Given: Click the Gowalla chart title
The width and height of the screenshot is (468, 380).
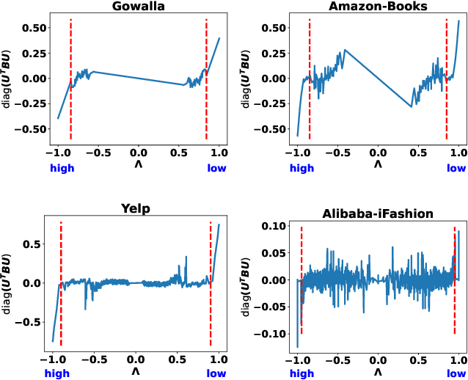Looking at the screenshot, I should point(138,7).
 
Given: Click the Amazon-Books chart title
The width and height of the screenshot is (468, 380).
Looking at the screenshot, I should point(378,7).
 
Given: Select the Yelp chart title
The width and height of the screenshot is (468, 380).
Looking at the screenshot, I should point(135,208).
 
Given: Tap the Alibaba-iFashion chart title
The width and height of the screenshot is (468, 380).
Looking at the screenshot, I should point(378,213).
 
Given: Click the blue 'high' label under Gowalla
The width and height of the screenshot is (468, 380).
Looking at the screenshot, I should point(62,168).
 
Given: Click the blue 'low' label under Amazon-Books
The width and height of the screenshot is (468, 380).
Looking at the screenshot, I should point(456,168).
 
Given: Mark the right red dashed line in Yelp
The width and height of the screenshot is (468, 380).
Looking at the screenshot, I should point(211,282).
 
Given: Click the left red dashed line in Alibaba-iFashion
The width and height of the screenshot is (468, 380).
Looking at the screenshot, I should point(301,279).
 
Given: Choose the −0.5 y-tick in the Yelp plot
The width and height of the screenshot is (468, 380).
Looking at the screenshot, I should point(29,321).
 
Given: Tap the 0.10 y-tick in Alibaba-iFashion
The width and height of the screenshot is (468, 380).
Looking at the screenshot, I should point(274,226).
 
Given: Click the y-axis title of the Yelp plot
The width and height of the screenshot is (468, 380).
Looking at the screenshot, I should point(7,283).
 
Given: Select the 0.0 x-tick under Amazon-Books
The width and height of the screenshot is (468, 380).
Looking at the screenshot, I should point(378,152).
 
